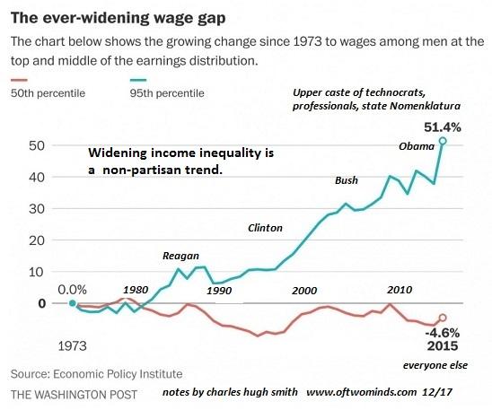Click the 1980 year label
pyautogui.click(x=137, y=290)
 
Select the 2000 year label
pyautogui.click(x=304, y=291)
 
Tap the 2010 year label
pyautogui.click(x=400, y=290)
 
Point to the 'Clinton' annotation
pyautogui.click(x=265, y=228)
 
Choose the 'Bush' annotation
pyautogui.click(x=347, y=180)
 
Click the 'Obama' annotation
pyautogui.click(x=417, y=146)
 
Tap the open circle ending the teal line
pyautogui.click(x=442, y=142)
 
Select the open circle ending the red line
pyautogui.click(x=442, y=318)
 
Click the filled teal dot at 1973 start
pyautogui.click(x=72, y=303)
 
